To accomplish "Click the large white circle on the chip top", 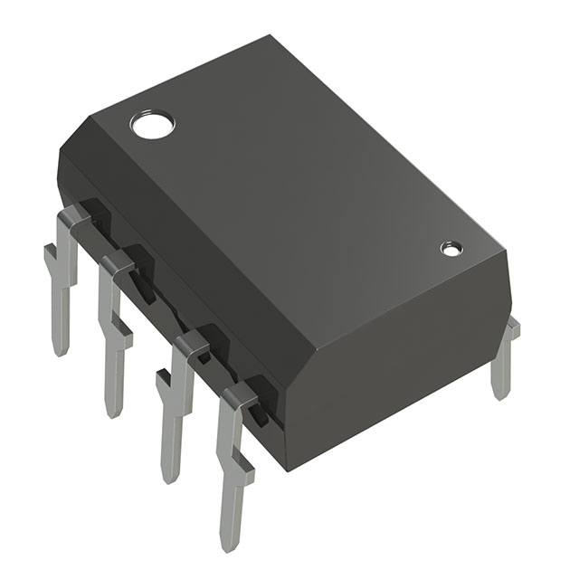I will pos(151,124).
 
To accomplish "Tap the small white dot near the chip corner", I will pos(450,247).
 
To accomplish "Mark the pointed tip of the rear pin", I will pos(500,394).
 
